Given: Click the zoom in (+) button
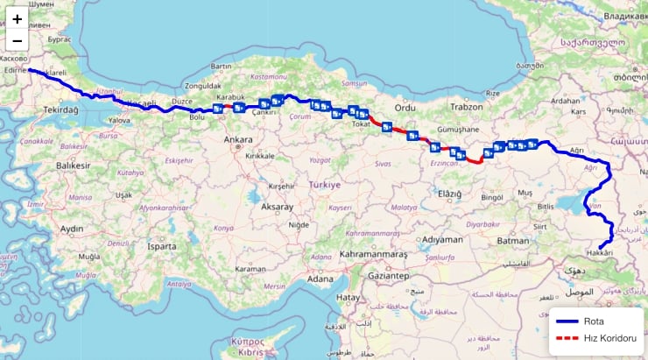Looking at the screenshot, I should point(18,18).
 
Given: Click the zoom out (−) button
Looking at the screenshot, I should point(18,41).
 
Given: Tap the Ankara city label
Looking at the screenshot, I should point(238,139).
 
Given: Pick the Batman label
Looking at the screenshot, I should point(513,240).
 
